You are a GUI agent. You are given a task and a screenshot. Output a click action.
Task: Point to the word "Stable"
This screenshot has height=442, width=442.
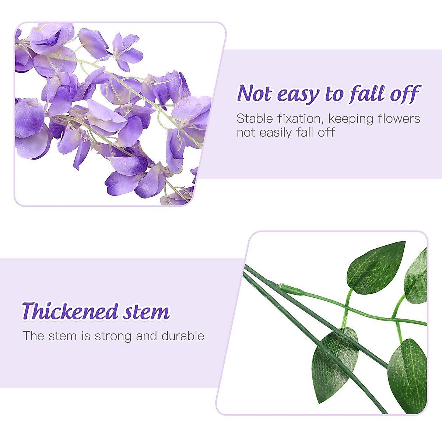(x=255, y=119)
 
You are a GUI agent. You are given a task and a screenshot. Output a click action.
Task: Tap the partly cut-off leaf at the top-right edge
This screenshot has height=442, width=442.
(x=417, y=276)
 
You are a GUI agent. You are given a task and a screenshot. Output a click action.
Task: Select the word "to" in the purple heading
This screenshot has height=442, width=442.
(x=334, y=95)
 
